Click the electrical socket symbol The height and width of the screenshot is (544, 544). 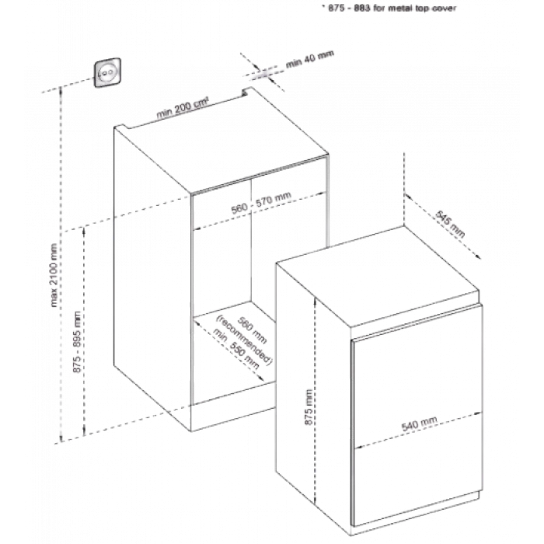(x=108, y=73)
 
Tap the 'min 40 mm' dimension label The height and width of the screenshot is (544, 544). (x=310, y=59)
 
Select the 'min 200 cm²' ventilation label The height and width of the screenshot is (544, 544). (x=183, y=108)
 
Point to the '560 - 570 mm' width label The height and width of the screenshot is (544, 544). (x=261, y=203)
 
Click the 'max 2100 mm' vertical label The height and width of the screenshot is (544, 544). (x=54, y=275)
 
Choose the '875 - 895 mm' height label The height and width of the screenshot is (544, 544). (x=77, y=342)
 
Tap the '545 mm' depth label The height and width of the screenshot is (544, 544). (x=450, y=224)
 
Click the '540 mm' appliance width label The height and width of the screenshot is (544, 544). (x=419, y=424)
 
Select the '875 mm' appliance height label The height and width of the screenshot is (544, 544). (x=309, y=406)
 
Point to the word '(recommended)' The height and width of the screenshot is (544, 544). (x=242, y=340)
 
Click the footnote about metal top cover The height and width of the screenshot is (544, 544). (x=392, y=8)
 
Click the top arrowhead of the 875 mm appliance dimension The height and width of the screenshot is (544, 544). (x=315, y=302)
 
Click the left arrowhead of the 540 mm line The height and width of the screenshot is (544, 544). (x=357, y=447)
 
